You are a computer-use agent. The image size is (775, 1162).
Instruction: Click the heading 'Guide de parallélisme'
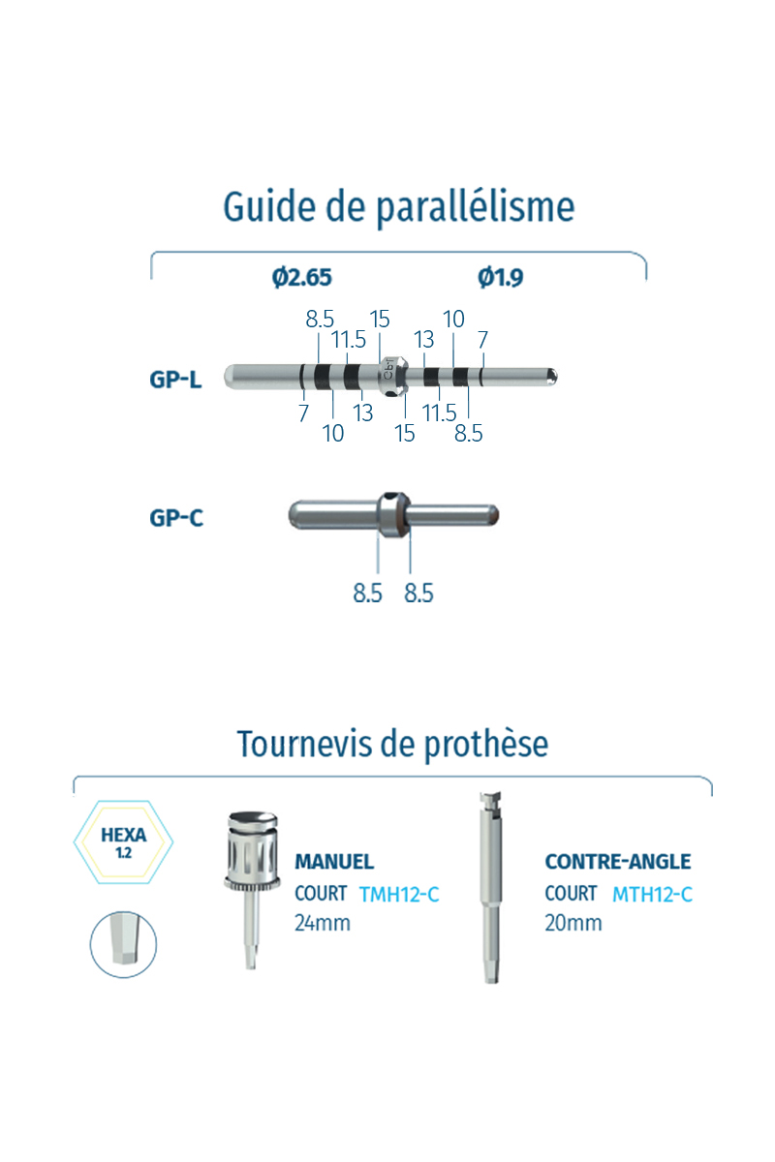(399, 207)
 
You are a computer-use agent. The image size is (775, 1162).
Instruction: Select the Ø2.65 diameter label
(301, 277)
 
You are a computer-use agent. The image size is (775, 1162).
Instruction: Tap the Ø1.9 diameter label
(501, 277)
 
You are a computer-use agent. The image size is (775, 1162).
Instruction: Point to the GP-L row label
(175, 380)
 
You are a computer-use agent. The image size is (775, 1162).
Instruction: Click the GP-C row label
(176, 518)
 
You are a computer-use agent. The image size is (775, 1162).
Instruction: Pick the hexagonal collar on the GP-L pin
(392, 377)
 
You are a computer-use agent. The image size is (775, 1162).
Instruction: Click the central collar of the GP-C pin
(393, 514)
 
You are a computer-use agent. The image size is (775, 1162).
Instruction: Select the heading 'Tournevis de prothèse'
(392, 744)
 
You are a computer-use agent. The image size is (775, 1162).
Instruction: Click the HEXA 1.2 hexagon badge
(124, 841)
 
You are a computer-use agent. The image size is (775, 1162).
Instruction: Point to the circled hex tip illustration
(124, 944)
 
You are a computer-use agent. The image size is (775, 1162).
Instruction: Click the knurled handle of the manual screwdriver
(252, 851)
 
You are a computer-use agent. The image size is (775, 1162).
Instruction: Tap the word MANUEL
(334, 862)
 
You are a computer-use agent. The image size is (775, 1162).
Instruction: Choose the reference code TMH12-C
(399, 894)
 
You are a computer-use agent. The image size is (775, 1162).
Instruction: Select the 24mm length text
(323, 923)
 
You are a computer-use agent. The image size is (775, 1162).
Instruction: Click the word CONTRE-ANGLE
(618, 862)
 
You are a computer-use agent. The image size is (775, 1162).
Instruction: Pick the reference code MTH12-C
(653, 894)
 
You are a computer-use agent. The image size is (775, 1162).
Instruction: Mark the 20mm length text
(573, 923)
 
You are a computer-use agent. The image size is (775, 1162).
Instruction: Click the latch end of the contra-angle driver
(490, 802)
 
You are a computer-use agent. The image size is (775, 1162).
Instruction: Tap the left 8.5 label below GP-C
(367, 593)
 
